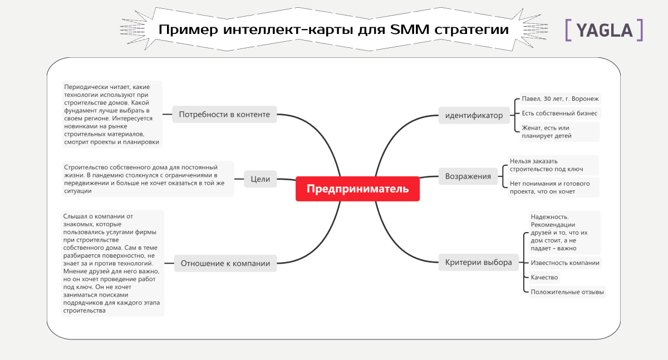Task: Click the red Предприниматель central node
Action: [x=357, y=189]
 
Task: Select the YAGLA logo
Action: [x=604, y=30]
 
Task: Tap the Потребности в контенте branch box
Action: [x=224, y=115]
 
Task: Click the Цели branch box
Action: [x=261, y=179]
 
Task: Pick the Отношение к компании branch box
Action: [x=225, y=263]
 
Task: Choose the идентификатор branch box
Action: [x=474, y=115]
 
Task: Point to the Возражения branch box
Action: [x=468, y=176]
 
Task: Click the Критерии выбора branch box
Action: [x=479, y=263]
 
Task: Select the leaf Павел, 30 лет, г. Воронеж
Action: [x=561, y=99]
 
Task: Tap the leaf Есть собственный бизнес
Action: [x=560, y=114]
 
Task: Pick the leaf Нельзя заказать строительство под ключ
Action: [x=553, y=165]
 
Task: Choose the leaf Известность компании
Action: [x=565, y=263]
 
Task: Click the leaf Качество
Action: [x=544, y=278]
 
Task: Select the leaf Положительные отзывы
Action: [x=567, y=292]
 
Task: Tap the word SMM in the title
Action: [x=410, y=29]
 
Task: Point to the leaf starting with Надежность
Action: [x=564, y=233]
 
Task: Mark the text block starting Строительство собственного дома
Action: [x=148, y=179]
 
